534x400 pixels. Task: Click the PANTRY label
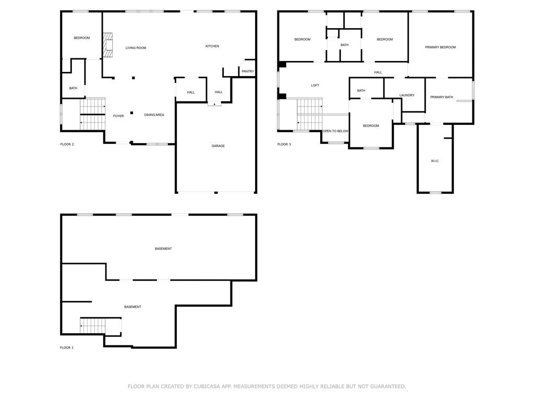click(x=248, y=71)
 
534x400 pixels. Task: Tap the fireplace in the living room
click(x=107, y=45)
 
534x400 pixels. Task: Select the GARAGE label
click(x=218, y=146)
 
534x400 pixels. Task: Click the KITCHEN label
click(x=212, y=46)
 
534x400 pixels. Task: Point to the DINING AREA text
click(x=154, y=115)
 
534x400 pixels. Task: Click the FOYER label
click(x=118, y=116)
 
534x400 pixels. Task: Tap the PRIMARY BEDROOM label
click(x=440, y=47)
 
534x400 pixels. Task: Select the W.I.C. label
click(x=435, y=161)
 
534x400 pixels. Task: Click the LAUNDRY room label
click(x=407, y=95)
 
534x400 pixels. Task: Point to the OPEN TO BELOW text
click(x=335, y=131)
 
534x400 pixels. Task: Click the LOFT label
click(x=315, y=85)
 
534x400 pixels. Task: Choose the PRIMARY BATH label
click(x=441, y=97)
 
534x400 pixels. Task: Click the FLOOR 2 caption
click(x=67, y=145)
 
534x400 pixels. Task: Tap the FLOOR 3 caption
click(x=284, y=145)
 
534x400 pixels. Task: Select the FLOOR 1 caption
click(x=67, y=348)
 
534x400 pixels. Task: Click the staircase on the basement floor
click(x=93, y=326)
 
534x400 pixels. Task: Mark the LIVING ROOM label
click(x=136, y=48)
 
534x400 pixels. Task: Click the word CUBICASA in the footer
click(x=207, y=386)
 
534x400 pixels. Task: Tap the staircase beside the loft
click(x=310, y=114)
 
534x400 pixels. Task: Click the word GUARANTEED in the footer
click(x=388, y=386)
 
